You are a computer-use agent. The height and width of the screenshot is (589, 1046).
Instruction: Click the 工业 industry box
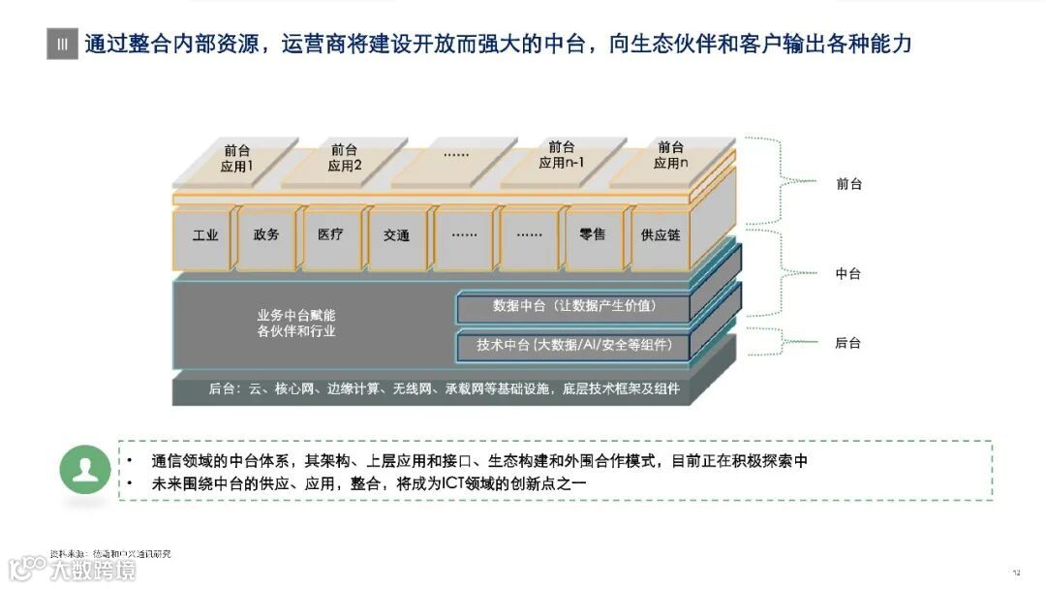coord(204,236)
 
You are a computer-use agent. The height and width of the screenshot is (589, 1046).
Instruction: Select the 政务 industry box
coord(266,236)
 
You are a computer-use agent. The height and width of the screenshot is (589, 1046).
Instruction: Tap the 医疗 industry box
coord(330,235)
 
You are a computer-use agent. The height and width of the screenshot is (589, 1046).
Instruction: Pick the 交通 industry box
coord(396,235)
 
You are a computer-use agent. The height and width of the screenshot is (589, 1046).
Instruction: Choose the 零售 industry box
coord(592,235)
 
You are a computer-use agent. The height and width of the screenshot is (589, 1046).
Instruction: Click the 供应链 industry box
coord(661,235)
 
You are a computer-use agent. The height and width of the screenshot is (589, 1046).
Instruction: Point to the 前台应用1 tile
coord(236,158)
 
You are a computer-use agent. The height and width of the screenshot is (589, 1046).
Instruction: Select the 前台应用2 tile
coord(344,158)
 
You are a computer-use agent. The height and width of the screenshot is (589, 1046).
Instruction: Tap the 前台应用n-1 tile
coord(561,155)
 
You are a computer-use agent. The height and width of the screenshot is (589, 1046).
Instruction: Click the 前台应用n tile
coord(670,155)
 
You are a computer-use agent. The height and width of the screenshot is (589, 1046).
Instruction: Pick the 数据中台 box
coord(573,306)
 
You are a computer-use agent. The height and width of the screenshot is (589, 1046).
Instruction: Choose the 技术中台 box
coord(573,345)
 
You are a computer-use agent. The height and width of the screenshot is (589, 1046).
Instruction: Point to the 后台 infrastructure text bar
coord(445,389)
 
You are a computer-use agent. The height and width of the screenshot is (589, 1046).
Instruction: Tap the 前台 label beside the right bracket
coord(848,184)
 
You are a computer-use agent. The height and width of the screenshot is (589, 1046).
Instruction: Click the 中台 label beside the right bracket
coord(848,274)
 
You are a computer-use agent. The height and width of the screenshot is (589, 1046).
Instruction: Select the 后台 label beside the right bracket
coord(848,343)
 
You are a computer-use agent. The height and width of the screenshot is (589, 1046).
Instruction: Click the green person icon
coord(84,471)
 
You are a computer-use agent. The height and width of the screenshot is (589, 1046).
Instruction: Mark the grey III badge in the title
coord(62,44)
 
